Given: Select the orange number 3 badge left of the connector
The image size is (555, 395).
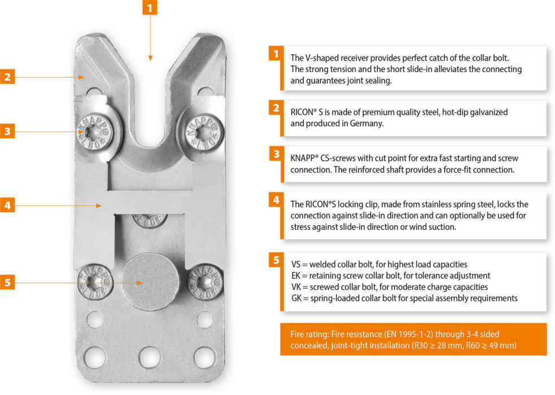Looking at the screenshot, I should (x=7, y=132).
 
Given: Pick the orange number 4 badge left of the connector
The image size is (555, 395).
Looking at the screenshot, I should (x=7, y=205).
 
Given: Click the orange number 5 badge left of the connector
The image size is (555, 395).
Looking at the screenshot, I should (x=7, y=283).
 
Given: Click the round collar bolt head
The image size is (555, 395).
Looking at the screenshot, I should (x=149, y=280).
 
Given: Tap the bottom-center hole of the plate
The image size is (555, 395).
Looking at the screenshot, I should (x=150, y=358).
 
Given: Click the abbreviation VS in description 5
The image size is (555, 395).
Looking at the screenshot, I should (x=296, y=264).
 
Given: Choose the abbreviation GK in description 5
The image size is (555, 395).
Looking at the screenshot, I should (x=296, y=298).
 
